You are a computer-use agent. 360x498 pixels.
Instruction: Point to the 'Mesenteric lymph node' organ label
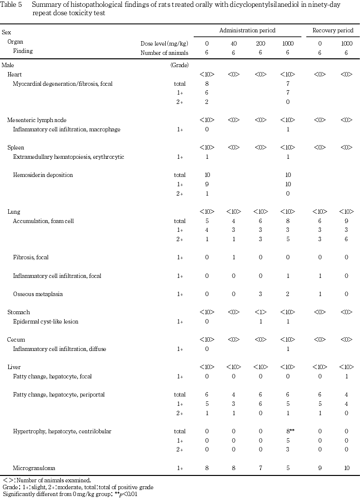[x=37, y=120]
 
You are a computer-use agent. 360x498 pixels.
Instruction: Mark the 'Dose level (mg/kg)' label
[x=164, y=43]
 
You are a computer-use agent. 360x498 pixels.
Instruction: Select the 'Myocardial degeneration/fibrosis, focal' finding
[x=63, y=83]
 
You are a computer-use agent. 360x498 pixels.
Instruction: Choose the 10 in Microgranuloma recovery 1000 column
[x=346, y=468]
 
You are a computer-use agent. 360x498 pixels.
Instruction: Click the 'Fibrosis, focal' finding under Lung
[x=31, y=257]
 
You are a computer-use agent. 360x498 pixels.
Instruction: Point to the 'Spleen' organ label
[x=16, y=148]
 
